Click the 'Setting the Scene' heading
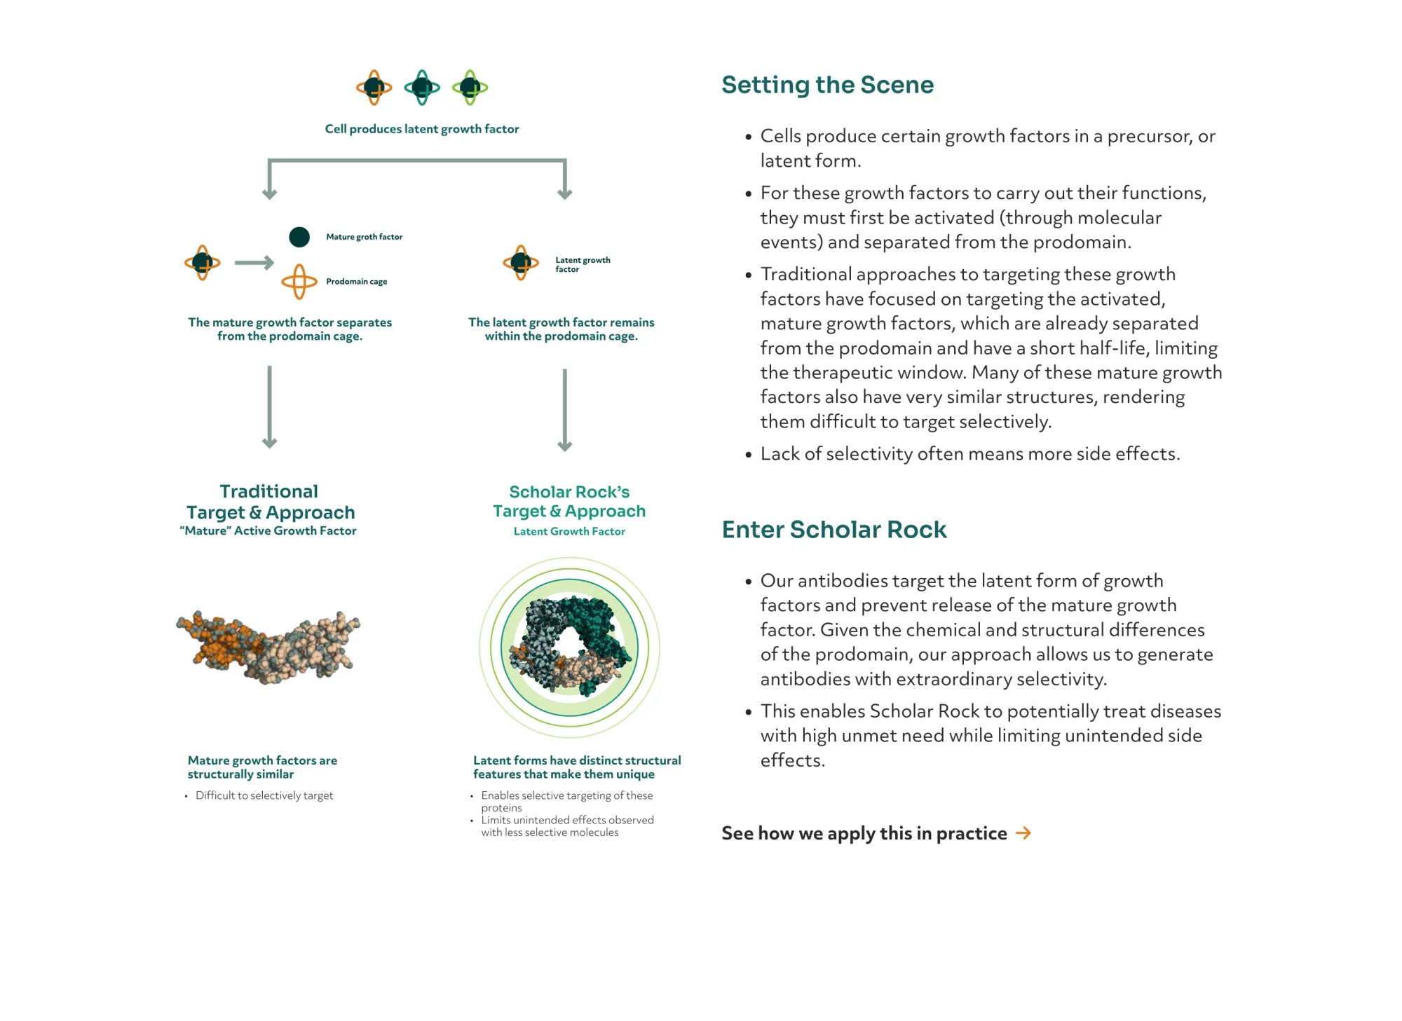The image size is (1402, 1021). (x=827, y=85)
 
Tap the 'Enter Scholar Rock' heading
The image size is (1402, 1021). (x=833, y=530)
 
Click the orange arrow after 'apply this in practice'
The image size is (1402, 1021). (x=1023, y=832)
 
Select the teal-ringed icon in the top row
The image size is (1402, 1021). (x=422, y=88)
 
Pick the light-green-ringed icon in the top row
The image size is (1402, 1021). (x=470, y=88)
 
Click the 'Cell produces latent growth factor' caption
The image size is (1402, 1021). (x=421, y=129)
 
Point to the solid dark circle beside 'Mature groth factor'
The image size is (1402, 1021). (x=299, y=237)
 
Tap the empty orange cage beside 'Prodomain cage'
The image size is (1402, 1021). (x=299, y=282)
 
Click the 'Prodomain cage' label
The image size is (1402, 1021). (x=356, y=282)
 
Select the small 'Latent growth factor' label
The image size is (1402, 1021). (x=582, y=264)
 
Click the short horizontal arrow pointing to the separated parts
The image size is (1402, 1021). (x=254, y=263)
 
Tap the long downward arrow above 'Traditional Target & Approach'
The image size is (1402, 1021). (x=269, y=406)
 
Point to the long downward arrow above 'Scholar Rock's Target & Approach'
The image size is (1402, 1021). (x=564, y=410)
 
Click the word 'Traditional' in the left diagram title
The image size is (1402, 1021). (x=268, y=491)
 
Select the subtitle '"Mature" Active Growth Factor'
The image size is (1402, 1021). (x=268, y=531)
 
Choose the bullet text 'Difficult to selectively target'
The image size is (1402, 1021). (x=264, y=795)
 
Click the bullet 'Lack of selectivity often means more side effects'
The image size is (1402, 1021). (x=969, y=454)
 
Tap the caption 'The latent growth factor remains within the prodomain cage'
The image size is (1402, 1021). (x=561, y=329)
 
